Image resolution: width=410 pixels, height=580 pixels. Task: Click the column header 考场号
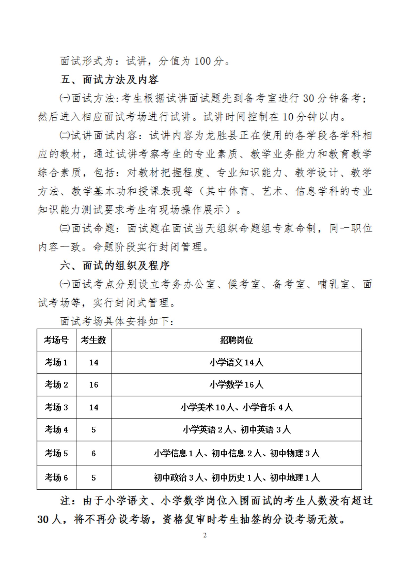pyautogui.click(x=56, y=340)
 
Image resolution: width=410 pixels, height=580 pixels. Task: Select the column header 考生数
pyautogui.click(x=94, y=340)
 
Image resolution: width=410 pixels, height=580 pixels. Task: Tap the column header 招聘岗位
pyautogui.click(x=237, y=340)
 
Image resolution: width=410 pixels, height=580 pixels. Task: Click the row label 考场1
pyautogui.click(x=56, y=363)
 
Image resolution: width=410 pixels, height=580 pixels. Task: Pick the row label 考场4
pyautogui.click(x=56, y=429)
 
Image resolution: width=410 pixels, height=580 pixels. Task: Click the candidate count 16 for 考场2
pyautogui.click(x=94, y=385)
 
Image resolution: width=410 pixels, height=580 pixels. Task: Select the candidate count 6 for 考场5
pyautogui.click(x=94, y=453)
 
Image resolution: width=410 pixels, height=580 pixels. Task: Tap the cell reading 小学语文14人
pyautogui.click(x=237, y=363)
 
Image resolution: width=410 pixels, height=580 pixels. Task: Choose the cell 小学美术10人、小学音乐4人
pyautogui.click(x=237, y=407)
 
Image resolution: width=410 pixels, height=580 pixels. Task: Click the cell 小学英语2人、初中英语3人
pyautogui.click(x=237, y=429)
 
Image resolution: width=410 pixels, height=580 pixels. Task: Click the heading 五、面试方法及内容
pyautogui.click(x=109, y=80)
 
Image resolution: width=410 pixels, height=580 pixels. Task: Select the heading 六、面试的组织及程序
pyautogui.click(x=115, y=266)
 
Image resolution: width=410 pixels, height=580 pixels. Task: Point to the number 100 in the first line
pyautogui.click(x=202, y=61)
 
